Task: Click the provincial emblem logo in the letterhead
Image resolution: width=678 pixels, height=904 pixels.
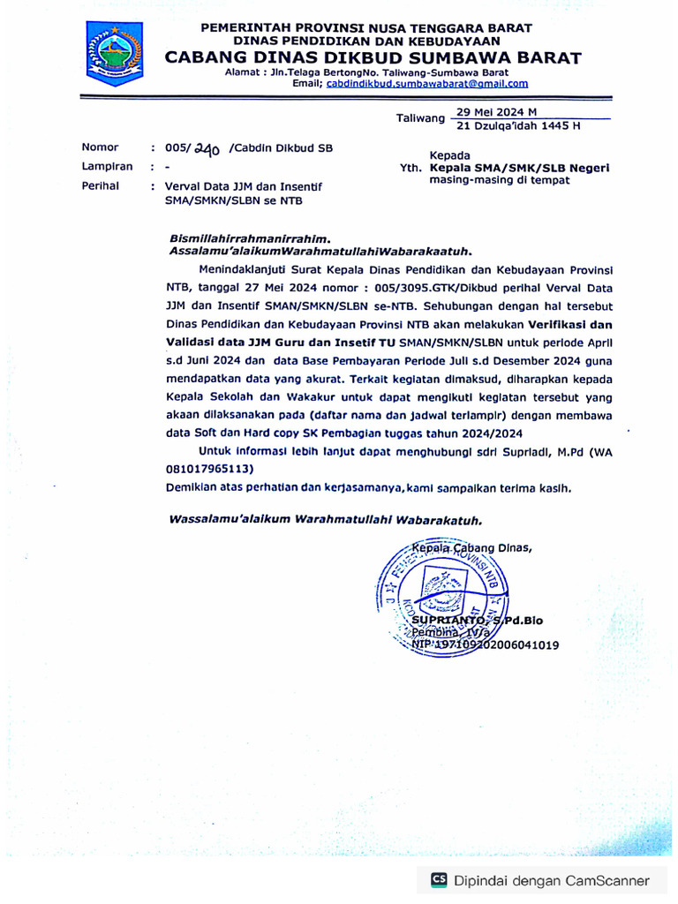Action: (114, 52)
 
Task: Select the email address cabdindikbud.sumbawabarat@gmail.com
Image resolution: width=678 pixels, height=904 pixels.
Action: (427, 84)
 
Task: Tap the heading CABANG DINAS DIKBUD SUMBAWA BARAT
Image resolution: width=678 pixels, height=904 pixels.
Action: (373, 58)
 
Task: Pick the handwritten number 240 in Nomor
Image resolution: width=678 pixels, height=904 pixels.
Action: (207, 149)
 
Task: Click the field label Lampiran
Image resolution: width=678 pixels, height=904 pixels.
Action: (107, 166)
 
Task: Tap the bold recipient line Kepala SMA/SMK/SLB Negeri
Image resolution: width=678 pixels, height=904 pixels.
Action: (519, 168)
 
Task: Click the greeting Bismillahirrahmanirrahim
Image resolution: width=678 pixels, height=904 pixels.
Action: (250, 238)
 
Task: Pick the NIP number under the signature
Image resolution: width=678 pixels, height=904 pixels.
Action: (486, 645)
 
